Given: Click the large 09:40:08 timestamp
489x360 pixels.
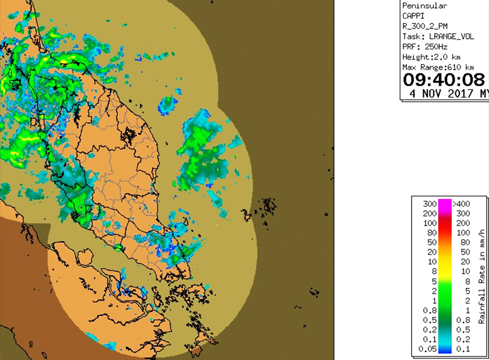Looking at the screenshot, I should point(444,79).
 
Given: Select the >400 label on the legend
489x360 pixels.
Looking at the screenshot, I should point(461,204).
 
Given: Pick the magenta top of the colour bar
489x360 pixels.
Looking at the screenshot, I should point(444,204).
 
